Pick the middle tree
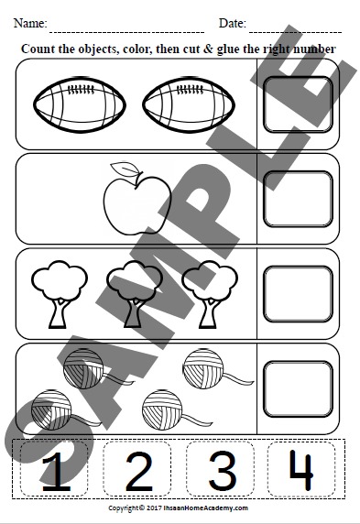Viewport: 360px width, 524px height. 130,291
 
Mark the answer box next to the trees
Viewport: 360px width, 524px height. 298,293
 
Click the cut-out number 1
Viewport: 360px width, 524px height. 56,472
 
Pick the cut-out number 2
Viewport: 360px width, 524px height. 138,472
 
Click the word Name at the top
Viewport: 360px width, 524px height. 28,22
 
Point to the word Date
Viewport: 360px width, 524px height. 232,22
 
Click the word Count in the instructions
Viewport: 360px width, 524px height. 38,48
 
